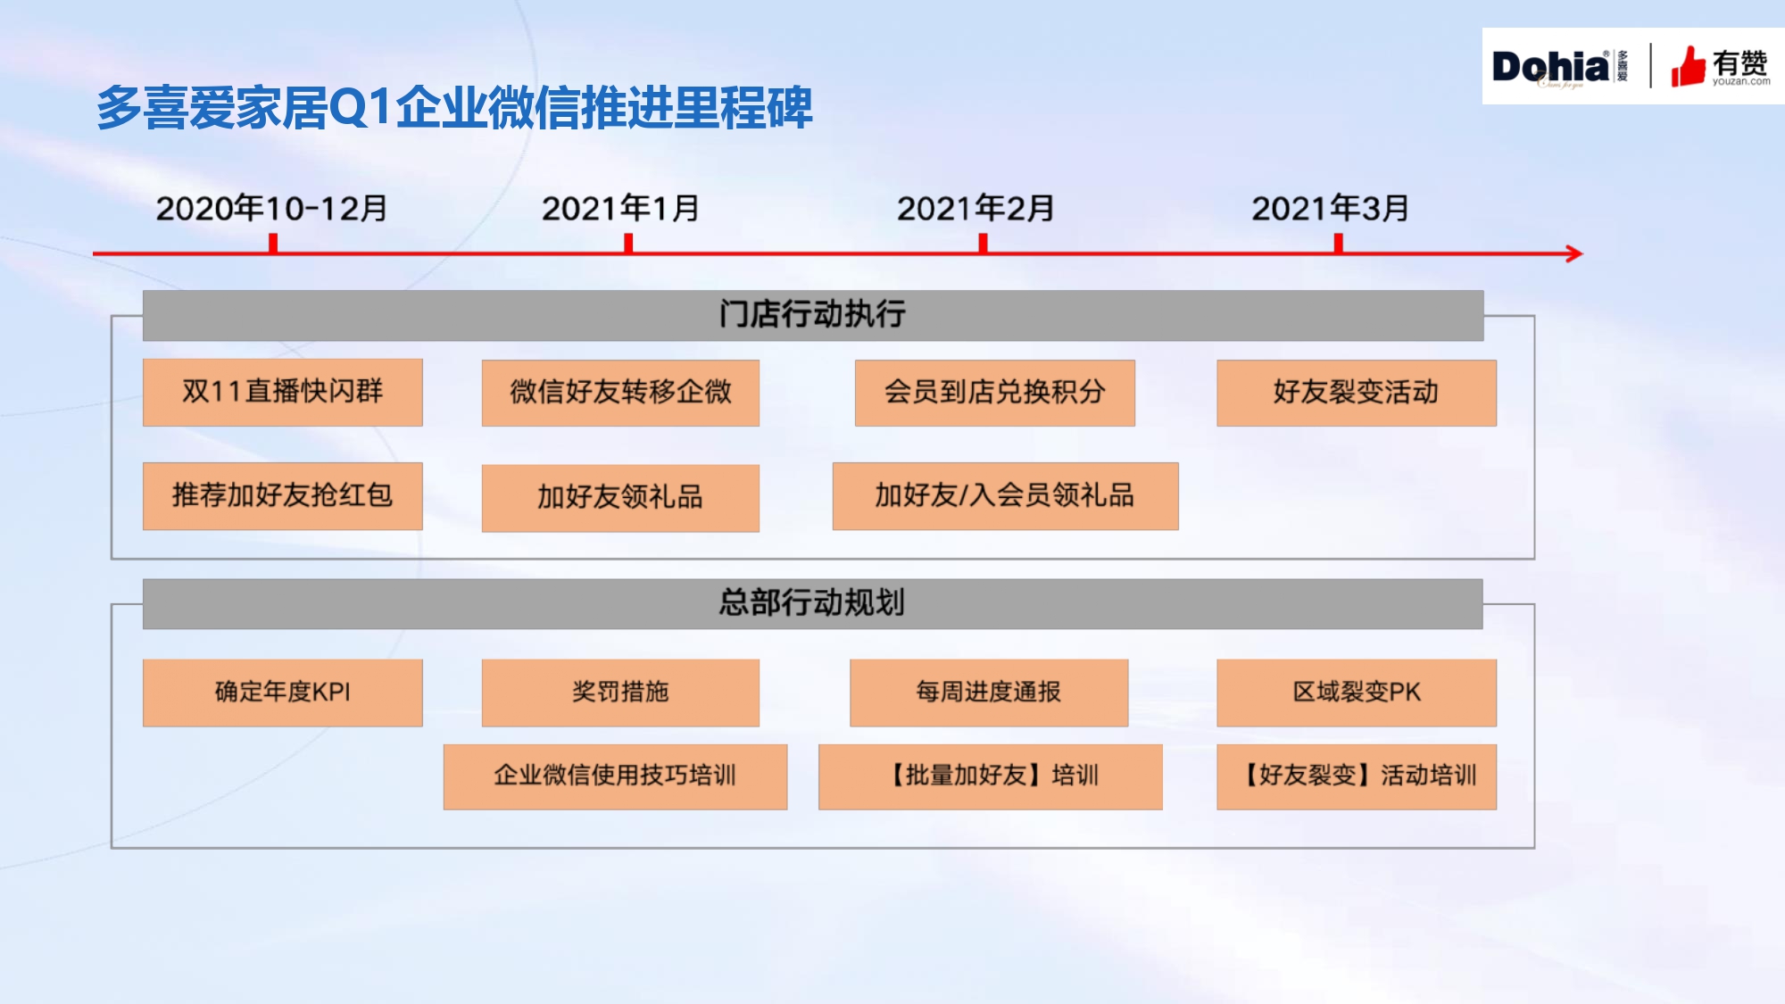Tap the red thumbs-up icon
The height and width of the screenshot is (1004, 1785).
click(1688, 66)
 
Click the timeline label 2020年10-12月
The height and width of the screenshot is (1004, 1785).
click(271, 209)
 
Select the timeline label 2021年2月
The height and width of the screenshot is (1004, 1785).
click(976, 209)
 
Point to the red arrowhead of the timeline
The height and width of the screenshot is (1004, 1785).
click(1574, 254)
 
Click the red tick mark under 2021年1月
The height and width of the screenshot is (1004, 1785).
click(628, 244)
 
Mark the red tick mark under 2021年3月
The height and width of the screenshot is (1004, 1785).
click(1338, 244)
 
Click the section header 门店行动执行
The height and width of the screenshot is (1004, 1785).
click(813, 315)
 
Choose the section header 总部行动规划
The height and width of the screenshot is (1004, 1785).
click(812, 603)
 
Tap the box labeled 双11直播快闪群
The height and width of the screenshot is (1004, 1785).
click(282, 393)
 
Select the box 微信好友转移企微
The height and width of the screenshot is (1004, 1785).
click(620, 393)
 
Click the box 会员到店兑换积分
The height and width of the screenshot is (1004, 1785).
click(995, 393)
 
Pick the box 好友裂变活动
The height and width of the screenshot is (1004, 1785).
click(1357, 393)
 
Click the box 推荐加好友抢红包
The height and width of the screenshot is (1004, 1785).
click(282, 496)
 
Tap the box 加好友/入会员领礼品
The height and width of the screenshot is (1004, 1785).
click(1005, 496)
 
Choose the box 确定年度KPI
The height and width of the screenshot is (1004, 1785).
click(282, 693)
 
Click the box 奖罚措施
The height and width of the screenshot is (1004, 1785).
click(620, 693)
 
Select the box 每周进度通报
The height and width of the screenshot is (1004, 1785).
click(989, 693)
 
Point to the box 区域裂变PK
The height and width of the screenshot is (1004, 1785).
click(1357, 693)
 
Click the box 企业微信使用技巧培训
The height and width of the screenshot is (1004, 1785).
click(615, 776)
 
